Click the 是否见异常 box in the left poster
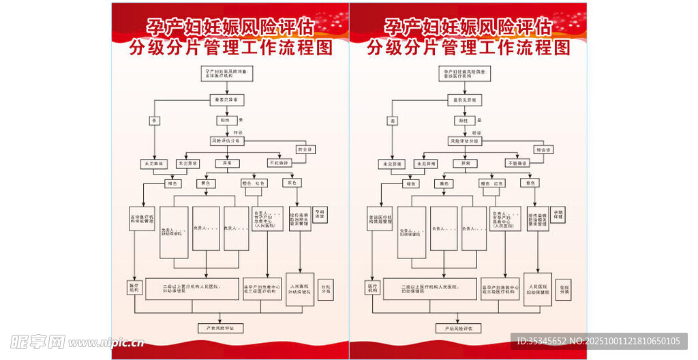(226, 100)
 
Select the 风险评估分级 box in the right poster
(464, 141)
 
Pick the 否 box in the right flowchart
(393, 121)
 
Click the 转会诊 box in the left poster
(305, 149)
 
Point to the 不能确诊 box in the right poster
(517, 164)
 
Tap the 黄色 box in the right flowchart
(444, 183)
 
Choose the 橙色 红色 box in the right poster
(491, 183)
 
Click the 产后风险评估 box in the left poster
(219, 328)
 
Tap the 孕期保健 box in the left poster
(320, 214)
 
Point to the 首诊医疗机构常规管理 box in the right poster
(380, 219)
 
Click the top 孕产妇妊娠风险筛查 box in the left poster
(226, 74)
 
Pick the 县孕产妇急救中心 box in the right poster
(500, 289)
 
